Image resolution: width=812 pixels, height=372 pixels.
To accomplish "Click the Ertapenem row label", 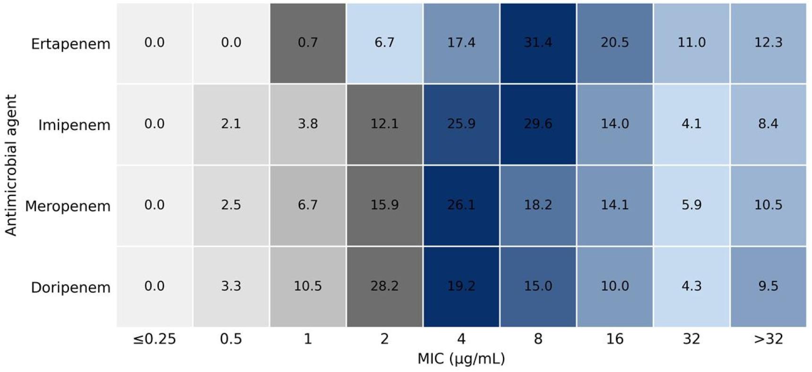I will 70,44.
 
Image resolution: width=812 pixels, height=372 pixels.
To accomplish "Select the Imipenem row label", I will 74,125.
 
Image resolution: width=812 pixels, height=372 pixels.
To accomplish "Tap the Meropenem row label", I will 68,206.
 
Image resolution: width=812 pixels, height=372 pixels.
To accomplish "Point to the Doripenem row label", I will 70,287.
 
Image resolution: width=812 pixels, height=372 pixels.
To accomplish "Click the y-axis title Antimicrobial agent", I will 10,165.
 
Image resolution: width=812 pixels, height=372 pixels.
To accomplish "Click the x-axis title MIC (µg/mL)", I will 461,359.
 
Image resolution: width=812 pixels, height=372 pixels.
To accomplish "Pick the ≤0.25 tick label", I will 154,339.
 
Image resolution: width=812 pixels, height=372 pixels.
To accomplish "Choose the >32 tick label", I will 768,339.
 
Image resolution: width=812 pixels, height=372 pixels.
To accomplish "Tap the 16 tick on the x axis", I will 614,339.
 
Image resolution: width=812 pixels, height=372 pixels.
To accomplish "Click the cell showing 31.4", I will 538,43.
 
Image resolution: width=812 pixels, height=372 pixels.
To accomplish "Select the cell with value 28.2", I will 384,286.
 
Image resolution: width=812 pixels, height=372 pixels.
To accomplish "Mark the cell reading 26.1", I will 461,205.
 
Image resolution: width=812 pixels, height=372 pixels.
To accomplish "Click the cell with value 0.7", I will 308,43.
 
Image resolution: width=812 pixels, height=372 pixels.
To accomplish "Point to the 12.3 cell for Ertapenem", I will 768,43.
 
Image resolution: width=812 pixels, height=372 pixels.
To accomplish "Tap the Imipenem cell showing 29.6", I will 538,124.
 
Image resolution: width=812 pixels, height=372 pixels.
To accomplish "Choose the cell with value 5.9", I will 691,205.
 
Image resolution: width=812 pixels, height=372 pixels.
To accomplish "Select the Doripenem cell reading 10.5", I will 308,286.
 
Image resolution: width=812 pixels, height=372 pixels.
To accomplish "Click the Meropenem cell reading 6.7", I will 308,205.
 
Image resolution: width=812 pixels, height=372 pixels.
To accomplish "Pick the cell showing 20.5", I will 614,43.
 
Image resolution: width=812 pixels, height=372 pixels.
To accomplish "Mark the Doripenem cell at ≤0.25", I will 154,286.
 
